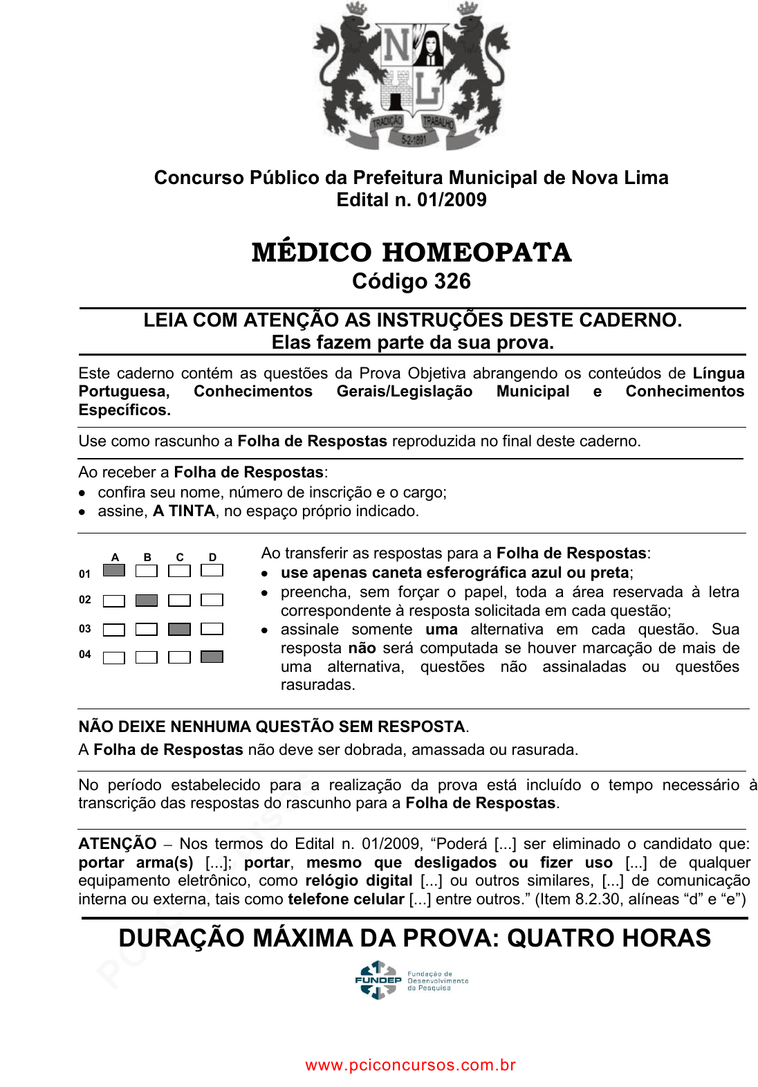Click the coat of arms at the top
pos(412,76)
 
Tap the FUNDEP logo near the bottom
pos(411,980)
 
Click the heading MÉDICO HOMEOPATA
pos(412,253)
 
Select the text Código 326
pos(412,282)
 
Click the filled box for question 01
pos(114,571)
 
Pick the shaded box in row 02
pos(147,601)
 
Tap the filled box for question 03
pos(179,629)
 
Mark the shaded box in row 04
pos(212,657)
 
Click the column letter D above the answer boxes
pos(212,557)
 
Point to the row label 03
pos(85,629)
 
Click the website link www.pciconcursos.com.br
pos(411,1065)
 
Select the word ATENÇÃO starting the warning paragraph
pos(118,844)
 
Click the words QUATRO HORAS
pos(609,938)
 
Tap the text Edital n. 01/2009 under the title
pos(412,200)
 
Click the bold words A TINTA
pos(184,511)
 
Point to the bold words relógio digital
pos(359,881)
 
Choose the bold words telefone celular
pos(346,899)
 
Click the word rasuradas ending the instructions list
pos(317,685)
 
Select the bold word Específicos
pos(124,410)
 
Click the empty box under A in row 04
pos(114,657)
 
